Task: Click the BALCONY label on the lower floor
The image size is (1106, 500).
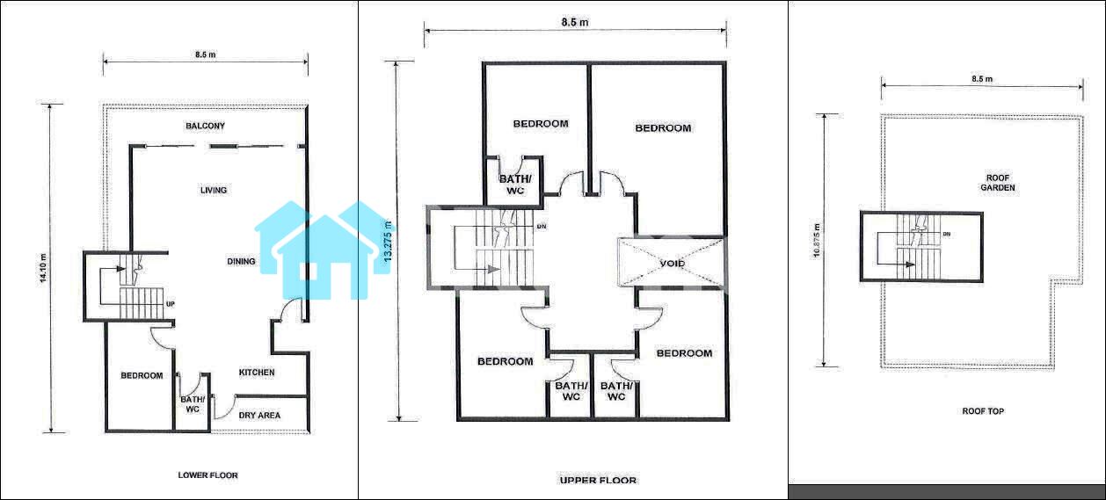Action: (x=205, y=126)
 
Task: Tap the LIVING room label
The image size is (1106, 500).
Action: (x=214, y=190)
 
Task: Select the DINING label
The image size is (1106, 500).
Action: (x=241, y=261)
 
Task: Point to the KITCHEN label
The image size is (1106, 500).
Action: (x=256, y=373)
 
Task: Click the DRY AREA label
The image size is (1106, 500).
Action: (x=259, y=415)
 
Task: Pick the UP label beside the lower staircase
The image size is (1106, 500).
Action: (x=171, y=304)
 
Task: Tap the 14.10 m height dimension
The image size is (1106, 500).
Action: (x=43, y=268)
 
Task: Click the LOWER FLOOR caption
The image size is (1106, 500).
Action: (x=207, y=475)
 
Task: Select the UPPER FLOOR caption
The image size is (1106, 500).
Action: (x=598, y=480)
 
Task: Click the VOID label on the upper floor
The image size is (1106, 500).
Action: (x=672, y=264)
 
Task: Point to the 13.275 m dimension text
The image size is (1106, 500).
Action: (x=388, y=242)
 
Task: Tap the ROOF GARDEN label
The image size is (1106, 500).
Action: (x=998, y=183)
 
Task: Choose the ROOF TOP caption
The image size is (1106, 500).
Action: (x=983, y=411)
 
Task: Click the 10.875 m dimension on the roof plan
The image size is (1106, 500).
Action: (x=816, y=241)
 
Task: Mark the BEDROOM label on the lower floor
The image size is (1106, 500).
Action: (x=142, y=375)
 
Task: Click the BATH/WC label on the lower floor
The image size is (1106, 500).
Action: (x=192, y=404)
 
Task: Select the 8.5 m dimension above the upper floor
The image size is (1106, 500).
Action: (x=575, y=22)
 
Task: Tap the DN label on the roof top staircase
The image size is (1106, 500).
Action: (x=947, y=234)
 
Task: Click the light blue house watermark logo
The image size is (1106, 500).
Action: (x=325, y=250)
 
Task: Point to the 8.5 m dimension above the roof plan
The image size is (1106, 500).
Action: (x=982, y=79)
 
